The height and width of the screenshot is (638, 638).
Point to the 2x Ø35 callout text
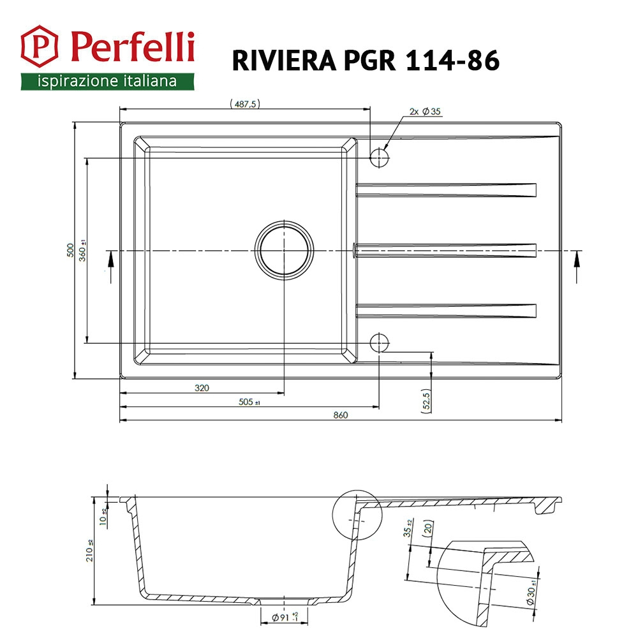(x=425, y=112)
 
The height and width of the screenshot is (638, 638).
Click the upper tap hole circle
(x=380, y=156)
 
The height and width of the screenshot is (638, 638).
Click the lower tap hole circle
(x=380, y=343)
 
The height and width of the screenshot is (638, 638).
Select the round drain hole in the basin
(x=285, y=250)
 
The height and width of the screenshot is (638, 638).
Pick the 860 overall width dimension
(x=340, y=415)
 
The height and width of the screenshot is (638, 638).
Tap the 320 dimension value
(x=202, y=387)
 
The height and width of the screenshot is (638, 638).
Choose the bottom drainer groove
(x=447, y=311)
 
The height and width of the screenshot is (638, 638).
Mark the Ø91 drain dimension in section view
(x=285, y=617)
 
